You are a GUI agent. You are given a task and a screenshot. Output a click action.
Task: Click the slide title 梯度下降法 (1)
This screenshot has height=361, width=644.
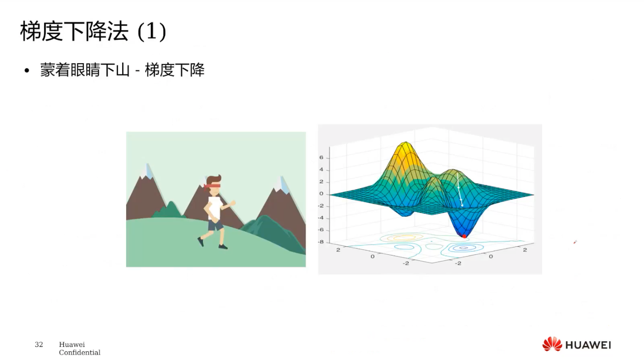point(93,31)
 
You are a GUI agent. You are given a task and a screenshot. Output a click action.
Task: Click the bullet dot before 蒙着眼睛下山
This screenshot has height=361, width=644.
point(27,71)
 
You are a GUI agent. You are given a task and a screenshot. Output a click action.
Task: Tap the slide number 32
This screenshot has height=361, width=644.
point(39,344)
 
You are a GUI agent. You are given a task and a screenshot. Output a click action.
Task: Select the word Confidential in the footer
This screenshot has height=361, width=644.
point(80,352)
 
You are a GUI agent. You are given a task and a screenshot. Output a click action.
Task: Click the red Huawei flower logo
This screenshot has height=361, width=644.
point(552,344)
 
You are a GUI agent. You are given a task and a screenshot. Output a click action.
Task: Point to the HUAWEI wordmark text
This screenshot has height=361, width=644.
point(588,345)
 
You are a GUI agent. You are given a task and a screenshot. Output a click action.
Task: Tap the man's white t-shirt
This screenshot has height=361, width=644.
point(214,208)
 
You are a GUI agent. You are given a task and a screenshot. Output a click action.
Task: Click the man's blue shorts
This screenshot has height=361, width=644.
point(216,225)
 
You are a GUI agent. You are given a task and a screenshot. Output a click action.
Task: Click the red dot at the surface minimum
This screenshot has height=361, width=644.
point(464,236)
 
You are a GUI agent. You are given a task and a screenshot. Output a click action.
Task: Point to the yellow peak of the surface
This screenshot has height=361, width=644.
point(406,148)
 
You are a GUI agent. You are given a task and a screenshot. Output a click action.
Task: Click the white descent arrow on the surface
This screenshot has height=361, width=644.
point(460,189)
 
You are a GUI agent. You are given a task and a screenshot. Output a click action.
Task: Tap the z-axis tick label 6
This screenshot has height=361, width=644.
point(321,158)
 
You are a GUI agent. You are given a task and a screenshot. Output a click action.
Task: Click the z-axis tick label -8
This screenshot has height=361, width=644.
point(321,242)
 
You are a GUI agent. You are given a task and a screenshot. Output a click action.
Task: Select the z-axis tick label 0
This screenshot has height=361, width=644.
point(321,194)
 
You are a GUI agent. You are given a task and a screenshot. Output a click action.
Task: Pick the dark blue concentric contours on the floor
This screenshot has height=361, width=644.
point(463,248)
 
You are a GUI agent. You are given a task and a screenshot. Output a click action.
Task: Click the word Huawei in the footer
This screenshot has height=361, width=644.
point(72,345)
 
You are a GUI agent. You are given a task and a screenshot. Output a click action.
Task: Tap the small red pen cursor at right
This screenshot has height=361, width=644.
point(575,242)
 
